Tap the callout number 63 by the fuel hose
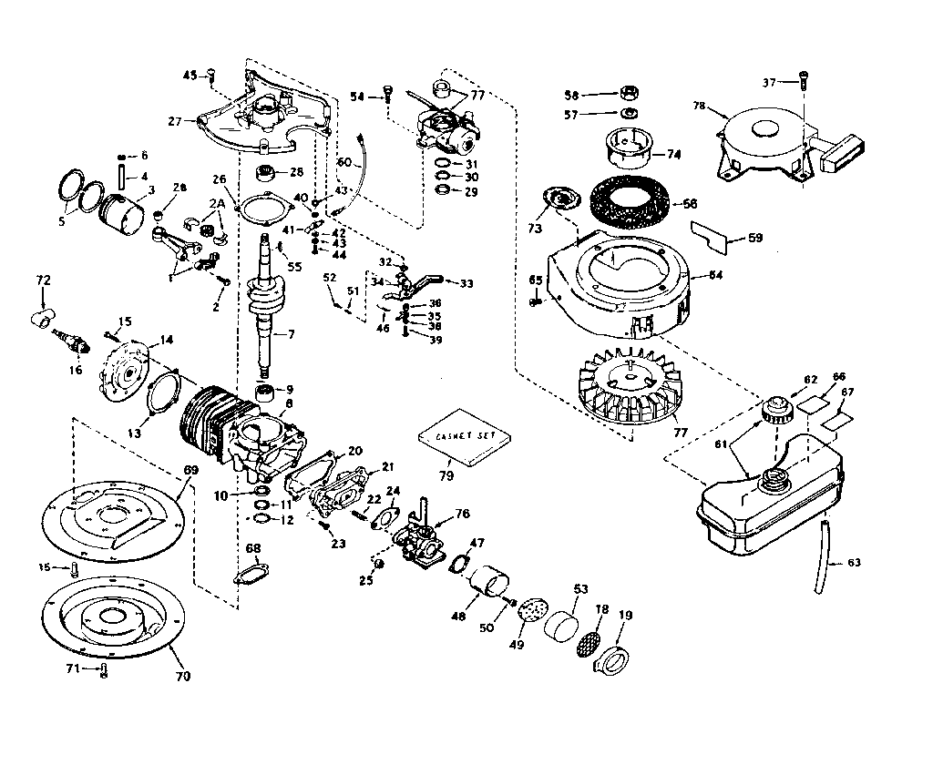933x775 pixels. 854,563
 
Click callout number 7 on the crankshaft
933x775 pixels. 292,334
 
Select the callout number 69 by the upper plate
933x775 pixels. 190,469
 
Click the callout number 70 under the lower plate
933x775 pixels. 183,676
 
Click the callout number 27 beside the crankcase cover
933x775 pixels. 175,118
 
